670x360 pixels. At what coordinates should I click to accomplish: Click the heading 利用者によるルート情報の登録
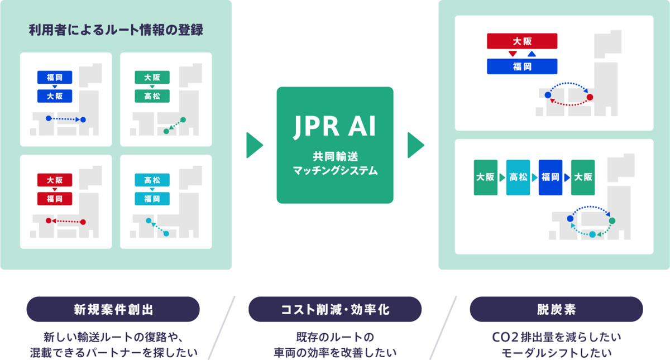116,30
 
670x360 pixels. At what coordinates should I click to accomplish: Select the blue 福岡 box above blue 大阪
55,78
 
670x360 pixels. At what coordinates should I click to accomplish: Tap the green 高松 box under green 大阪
152,96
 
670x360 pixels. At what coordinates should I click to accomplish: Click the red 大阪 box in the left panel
55,180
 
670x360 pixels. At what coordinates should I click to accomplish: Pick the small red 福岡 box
55,199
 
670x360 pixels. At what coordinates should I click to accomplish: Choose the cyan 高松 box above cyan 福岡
152,180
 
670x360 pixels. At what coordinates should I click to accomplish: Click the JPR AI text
334,127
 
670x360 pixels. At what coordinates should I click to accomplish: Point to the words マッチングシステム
336,171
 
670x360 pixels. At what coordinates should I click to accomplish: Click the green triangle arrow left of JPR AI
255,145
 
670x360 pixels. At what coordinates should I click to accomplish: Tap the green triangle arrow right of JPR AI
416,145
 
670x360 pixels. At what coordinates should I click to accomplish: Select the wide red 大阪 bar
522,41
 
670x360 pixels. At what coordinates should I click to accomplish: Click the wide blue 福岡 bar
522,66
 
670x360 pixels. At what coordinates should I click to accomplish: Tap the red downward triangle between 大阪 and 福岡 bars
513,54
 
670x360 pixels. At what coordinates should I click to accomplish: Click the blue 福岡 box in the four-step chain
551,177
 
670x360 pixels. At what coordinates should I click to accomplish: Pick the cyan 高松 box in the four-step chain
518,177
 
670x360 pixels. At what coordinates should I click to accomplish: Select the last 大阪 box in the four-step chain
583,177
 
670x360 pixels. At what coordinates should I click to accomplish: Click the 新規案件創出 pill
113,309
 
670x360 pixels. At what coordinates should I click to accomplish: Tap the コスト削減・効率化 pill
335,309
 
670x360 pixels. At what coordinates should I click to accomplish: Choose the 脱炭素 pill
556,309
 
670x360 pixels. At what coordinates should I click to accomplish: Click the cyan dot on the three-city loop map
592,235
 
